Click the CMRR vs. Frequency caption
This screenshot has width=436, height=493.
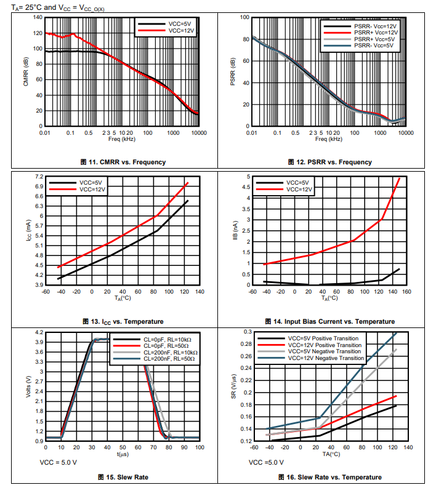tap(123, 162)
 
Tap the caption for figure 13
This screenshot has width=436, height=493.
tap(123, 321)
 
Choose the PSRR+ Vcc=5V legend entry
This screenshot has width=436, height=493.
tap(375, 39)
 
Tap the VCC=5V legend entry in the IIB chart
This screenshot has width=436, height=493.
tap(299, 183)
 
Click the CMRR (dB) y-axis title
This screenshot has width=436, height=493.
tap(26, 72)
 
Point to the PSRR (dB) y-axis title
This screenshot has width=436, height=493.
tap(233, 72)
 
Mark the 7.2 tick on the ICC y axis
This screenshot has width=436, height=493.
tap(38, 177)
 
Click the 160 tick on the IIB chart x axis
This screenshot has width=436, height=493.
tap(407, 291)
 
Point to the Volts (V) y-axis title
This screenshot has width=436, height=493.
tap(28, 387)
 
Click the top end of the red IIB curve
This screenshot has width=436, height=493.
tap(400, 178)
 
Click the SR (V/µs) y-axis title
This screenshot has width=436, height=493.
tap(234, 387)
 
